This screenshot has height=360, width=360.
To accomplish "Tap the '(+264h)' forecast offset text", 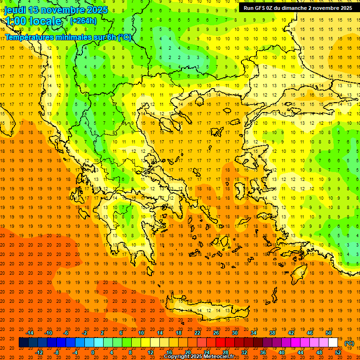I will click(83, 21).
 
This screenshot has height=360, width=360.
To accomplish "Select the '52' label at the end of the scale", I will click(338, 352).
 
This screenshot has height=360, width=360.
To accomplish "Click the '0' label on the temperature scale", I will click(92, 352).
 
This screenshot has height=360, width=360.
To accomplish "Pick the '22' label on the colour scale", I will click(197, 333).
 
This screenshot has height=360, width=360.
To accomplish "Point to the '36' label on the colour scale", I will click(263, 352).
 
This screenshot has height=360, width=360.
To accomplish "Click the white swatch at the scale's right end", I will click(333, 343).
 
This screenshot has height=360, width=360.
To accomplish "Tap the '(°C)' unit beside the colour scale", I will click(349, 343).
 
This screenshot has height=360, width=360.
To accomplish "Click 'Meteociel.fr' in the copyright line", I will click(220, 357).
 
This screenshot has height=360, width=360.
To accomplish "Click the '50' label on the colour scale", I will click(329, 333).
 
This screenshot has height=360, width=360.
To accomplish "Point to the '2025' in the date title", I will click(97, 10).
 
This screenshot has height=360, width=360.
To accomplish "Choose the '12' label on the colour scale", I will click(150, 352).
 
